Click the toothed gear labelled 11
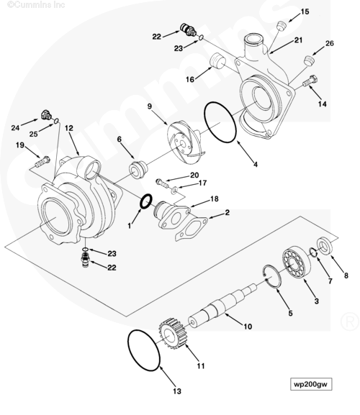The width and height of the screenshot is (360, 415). (x=173, y=334)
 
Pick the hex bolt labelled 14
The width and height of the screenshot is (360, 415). (x=310, y=81)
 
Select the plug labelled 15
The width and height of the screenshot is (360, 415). (x=281, y=26)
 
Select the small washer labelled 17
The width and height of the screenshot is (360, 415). (x=174, y=190)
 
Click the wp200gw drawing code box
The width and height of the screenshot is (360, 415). (x=311, y=384)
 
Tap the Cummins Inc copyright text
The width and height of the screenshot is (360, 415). (x=36, y=4)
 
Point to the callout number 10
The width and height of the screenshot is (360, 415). (x=248, y=327)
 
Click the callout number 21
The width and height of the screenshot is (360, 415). (x=298, y=40)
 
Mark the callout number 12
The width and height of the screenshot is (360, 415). (x=69, y=128)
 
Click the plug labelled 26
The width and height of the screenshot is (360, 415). (x=308, y=60)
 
